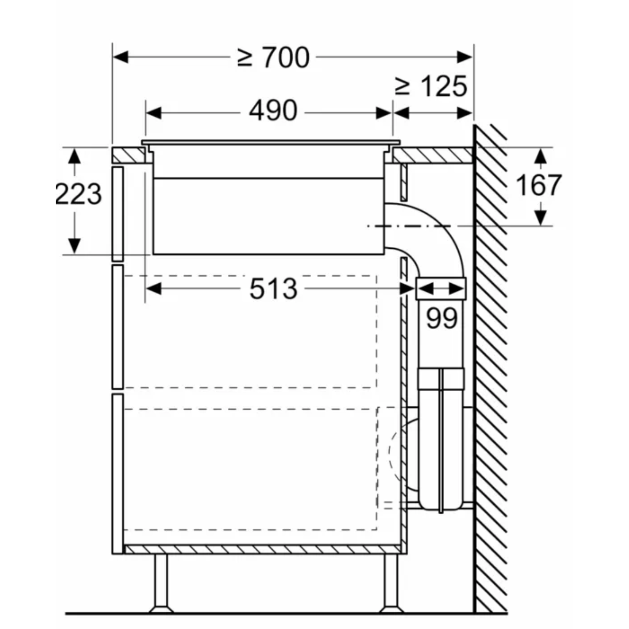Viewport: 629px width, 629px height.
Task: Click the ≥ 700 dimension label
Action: point(273,57)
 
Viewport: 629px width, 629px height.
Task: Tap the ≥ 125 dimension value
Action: point(431,86)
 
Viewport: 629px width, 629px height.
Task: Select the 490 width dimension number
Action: point(273,110)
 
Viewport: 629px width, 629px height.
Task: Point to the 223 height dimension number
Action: point(78,194)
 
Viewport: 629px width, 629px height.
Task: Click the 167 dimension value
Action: point(538,185)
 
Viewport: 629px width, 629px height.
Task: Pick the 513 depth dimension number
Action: point(274,289)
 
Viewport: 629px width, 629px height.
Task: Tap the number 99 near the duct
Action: point(441,318)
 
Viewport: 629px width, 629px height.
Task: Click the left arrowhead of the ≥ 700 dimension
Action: point(120,57)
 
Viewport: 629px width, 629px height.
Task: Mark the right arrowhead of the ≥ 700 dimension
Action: point(465,57)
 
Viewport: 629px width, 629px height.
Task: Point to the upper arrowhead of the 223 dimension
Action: point(74,156)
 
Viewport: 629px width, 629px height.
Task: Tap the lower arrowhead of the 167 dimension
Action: point(541,218)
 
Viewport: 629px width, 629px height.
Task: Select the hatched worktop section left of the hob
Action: point(128,155)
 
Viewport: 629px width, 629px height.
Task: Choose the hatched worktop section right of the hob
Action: point(433,155)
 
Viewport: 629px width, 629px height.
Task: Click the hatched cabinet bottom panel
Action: point(263,550)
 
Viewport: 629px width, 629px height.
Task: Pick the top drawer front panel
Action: point(118,214)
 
